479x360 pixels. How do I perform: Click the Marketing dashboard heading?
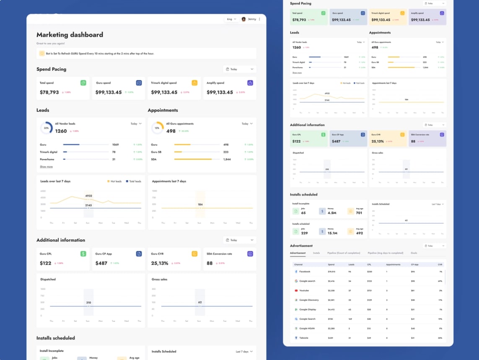(70, 35)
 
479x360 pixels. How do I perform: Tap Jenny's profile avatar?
(244, 19)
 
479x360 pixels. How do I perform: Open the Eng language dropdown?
(231, 19)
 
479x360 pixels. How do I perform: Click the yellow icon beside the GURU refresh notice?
(42, 53)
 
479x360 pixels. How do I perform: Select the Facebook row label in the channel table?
(305, 272)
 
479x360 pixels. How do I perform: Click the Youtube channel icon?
(296, 290)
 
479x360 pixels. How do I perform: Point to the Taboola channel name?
(304, 338)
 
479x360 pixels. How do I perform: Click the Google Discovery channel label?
(309, 300)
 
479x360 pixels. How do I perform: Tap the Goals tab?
(414, 253)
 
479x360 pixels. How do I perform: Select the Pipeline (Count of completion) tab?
(344, 253)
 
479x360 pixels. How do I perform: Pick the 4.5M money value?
(332, 213)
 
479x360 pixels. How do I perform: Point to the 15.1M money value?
(332, 233)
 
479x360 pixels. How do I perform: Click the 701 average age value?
(359, 213)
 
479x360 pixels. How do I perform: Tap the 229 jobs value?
(304, 233)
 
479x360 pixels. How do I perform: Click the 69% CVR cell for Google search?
(440, 281)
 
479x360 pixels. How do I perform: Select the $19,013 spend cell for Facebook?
(331, 272)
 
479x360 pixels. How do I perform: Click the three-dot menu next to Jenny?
(259, 19)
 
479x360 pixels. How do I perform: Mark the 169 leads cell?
(350, 319)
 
